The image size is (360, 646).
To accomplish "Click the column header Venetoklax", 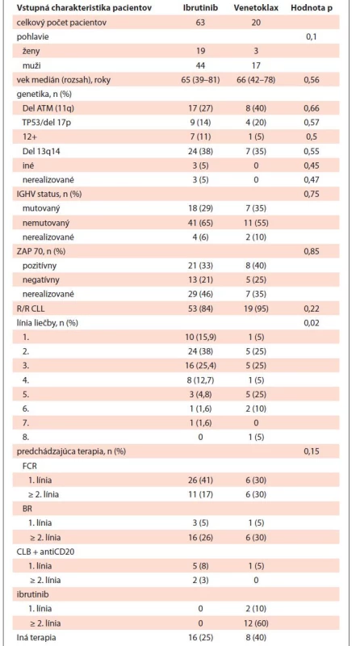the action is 256,9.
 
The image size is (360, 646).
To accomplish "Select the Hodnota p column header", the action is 312,9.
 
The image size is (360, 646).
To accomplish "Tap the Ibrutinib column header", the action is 200,9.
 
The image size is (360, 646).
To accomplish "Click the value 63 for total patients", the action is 200,23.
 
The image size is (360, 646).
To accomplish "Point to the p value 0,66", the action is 312,108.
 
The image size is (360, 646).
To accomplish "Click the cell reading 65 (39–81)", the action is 201,80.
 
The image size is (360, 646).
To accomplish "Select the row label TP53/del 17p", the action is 44,123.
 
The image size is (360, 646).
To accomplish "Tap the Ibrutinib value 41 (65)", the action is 201,223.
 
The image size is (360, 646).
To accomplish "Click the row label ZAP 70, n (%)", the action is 39,251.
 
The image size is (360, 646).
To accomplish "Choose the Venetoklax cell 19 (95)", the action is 256,308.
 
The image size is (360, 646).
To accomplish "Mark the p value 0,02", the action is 312,322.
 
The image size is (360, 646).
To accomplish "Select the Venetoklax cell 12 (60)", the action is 256,622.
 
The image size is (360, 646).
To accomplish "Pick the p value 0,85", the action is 312,251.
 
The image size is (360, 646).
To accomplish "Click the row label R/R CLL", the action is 31,308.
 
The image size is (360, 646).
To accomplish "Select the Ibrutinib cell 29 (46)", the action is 201,294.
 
